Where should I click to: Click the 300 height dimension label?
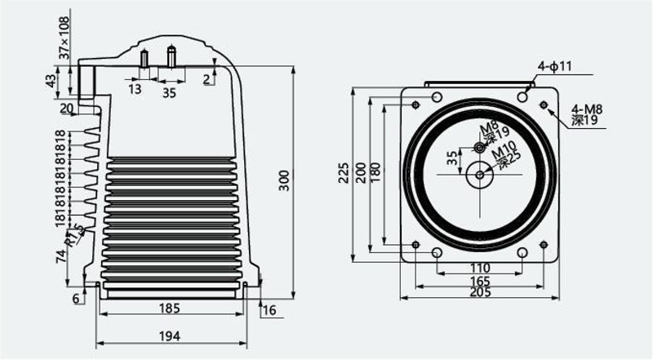(x=284, y=180)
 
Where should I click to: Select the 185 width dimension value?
(x=170, y=309)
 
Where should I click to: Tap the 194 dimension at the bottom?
(x=170, y=336)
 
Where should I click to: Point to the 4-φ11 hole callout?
(x=555, y=66)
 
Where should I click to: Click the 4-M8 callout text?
(x=587, y=109)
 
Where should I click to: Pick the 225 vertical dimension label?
(x=344, y=172)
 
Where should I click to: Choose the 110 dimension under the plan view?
(x=480, y=268)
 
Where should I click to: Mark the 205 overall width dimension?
(x=480, y=292)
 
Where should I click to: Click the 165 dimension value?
(x=480, y=281)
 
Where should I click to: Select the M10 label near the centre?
(x=504, y=149)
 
